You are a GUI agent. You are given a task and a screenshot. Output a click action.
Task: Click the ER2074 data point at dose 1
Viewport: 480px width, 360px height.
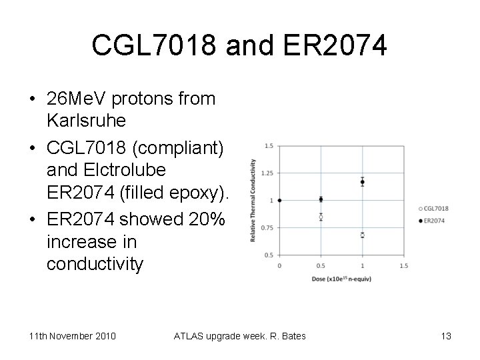pos(363,181)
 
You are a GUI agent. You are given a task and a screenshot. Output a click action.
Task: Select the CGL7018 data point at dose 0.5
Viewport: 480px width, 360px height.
pos(321,217)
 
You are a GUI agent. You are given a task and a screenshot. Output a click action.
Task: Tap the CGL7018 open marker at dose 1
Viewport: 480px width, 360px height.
pos(363,235)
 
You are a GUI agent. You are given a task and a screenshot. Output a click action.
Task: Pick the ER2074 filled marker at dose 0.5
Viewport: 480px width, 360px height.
pos(321,199)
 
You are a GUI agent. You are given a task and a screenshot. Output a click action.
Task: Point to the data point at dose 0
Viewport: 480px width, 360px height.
pos(279,200)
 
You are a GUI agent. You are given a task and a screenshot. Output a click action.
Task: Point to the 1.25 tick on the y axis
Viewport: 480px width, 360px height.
pos(267,173)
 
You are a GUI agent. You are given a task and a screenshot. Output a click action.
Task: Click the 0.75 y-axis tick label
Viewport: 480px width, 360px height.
pos(267,227)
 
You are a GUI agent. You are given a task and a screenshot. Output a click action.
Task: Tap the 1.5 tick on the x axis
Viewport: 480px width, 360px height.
pos(403,265)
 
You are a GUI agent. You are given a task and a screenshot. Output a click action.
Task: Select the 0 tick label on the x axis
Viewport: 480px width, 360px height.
pos(279,265)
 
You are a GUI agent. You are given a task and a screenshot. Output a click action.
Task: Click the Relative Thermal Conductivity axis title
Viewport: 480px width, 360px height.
pos(253,200)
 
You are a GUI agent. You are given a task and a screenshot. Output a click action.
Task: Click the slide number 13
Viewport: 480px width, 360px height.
pos(446,336)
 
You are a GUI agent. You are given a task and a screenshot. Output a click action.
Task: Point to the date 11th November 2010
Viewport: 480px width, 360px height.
pos(72,336)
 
